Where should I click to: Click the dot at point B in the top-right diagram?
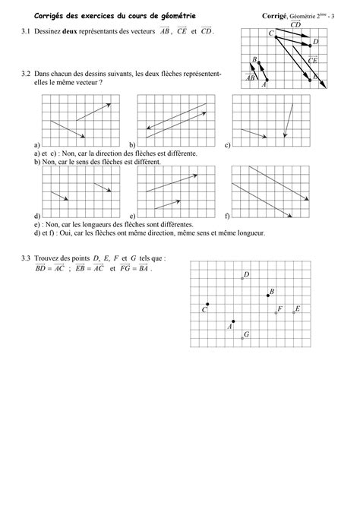[x=259, y=62]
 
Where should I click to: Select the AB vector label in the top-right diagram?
[x=251, y=77]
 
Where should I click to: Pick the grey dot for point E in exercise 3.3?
[x=293, y=312]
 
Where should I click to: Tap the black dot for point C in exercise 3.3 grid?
[x=208, y=305]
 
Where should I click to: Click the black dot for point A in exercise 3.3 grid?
[x=233, y=321]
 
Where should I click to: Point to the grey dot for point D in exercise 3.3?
[x=242, y=279]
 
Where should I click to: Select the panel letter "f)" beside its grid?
[x=227, y=217]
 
